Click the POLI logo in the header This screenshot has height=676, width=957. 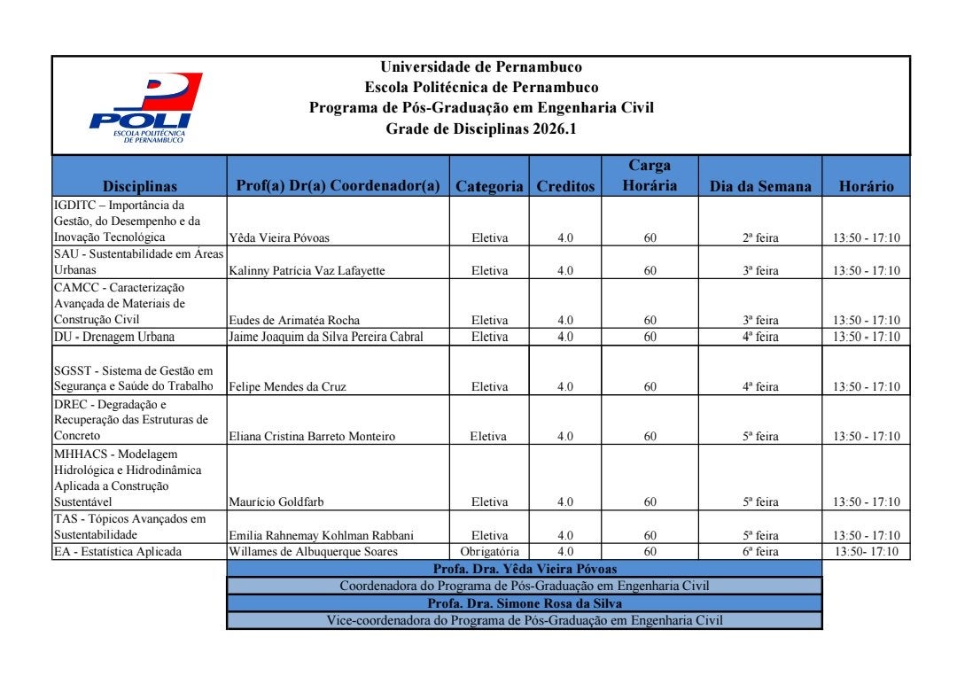pyautogui.click(x=146, y=107)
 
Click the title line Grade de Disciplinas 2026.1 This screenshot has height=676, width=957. pyautogui.click(x=481, y=128)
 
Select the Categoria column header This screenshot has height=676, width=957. pyautogui.click(x=489, y=186)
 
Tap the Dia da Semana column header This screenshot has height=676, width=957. pyautogui.click(x=760, y=186)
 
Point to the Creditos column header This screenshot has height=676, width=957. pyautogui.click(x=565, y=186)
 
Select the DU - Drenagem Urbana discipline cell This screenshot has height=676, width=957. pyautogui.click(x=114, y=337)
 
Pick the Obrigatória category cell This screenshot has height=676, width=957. pyautogui.click(x=489, y=552)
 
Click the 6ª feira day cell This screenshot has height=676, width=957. pyautogui.click(x=760, y=552)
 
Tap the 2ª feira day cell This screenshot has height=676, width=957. pyautogui.click(x=760, y=237)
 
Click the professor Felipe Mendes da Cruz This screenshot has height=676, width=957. pyautogui.click(x=288, y=387)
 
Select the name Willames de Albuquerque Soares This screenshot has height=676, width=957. pyautogui.click(x=313, y=552)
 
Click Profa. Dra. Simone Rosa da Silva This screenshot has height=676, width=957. pyautogui.click(x=525, y=603)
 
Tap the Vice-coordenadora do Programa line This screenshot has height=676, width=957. pyautogui.click(x=525, y=620)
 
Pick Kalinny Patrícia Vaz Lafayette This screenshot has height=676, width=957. pyautogui.click(x=307, y=271)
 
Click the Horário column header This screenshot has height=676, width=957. pyautogui.click(x=866, y=186)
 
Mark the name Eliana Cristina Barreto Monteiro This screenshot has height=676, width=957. pyautogui.click(x=312, y=437)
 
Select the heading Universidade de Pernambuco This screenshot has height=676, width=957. pyautogui.click(x=481, y=66)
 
